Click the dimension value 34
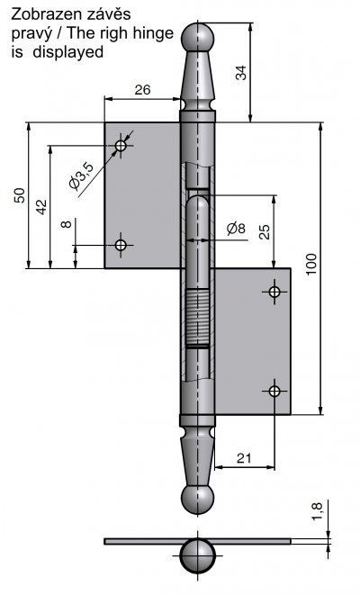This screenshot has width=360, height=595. [x=241, y=73]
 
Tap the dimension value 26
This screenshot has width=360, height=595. [x=142, y=89]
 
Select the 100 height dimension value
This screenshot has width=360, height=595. [x=310, y=264]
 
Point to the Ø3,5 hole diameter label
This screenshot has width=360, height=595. [x=81, y=175]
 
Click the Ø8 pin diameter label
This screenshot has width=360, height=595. [x=236, y=229]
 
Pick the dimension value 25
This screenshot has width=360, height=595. [x=265, y=232]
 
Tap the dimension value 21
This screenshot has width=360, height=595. [x=244, y=458]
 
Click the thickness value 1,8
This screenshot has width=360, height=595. [x=317, y=511]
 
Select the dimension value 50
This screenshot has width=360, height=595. [x=20, y=195]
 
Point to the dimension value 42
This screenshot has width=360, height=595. [x=41, y=207]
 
